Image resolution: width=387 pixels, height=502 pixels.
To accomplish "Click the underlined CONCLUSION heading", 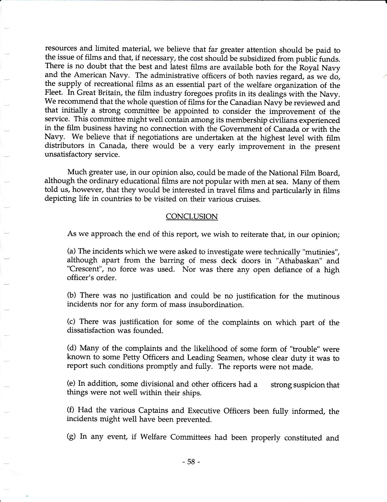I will pos(192,216).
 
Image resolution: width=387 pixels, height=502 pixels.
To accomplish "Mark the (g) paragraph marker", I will pos(72,437).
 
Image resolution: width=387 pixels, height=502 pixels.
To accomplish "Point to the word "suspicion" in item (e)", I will pos(309,385).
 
